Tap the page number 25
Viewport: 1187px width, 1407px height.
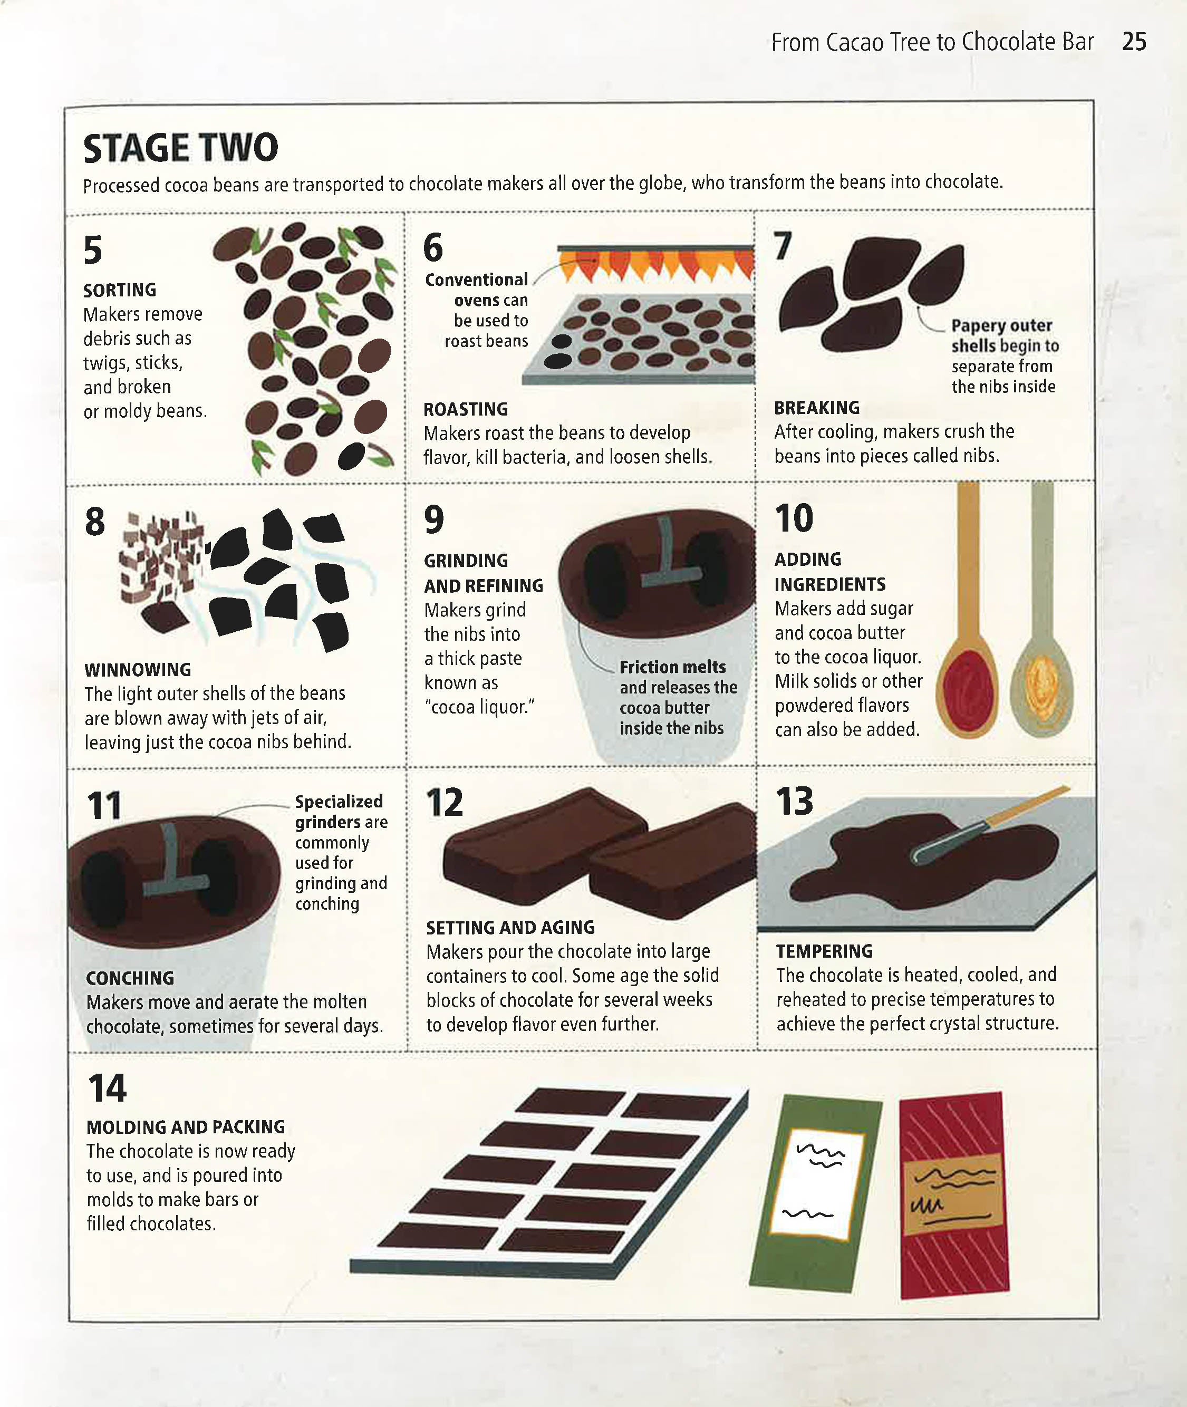(1134, 42)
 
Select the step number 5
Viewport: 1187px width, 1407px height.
(93, 250)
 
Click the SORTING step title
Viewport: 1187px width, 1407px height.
(120, 290)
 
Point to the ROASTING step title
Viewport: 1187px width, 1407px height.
(466, 409)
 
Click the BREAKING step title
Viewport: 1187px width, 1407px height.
(817, 408)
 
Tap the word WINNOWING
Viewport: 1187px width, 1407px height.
(138, 670)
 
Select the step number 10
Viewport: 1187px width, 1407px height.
(794, 519)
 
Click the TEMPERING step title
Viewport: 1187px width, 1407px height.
(824, 951)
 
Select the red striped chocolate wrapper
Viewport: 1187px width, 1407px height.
(954, 1194)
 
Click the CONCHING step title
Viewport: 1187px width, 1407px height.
(130, 978)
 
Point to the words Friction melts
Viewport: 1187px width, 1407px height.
(672, 667)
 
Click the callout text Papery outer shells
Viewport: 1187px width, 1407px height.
(1001, 335)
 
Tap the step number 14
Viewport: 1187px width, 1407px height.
(107, 1088)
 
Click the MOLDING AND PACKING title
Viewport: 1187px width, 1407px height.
(186, 1127)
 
